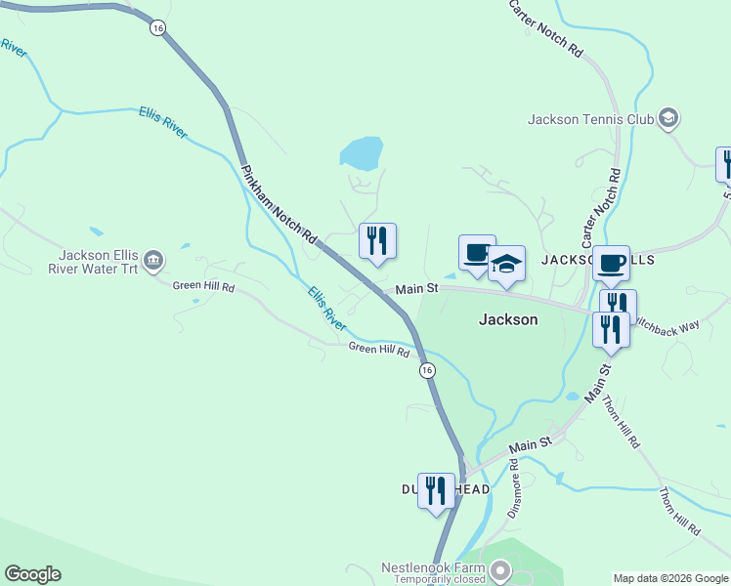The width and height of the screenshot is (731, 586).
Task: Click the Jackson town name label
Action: [x=507, y=319]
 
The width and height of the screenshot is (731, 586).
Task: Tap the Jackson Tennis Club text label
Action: [x=589, y=120]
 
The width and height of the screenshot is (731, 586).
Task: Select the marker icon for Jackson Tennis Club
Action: [x=668, y=119]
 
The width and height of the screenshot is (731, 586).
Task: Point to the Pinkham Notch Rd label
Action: [x=279, y=203]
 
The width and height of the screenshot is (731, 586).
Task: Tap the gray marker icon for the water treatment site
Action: [x=153, y=260]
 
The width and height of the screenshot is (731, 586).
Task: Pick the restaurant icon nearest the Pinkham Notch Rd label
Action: [x=377, y=241]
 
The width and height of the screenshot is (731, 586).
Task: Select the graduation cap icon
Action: [x=506, y=264]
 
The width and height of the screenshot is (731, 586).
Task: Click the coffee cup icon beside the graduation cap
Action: [x=477, y=254]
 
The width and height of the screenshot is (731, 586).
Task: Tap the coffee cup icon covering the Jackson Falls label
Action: [x=612, y=264]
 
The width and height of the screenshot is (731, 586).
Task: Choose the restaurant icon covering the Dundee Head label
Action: [x=436, y=490]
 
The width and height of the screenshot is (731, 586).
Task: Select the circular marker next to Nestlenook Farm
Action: [x=500, y=568]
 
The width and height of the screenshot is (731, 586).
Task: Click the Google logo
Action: [x=32, y=574]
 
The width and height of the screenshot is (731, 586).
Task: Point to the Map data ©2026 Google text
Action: [x=670, y=578]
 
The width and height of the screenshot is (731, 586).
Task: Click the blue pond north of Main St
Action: [x=361, y=153]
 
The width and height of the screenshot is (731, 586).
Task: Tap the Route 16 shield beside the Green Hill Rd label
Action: [x=427, y=370]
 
